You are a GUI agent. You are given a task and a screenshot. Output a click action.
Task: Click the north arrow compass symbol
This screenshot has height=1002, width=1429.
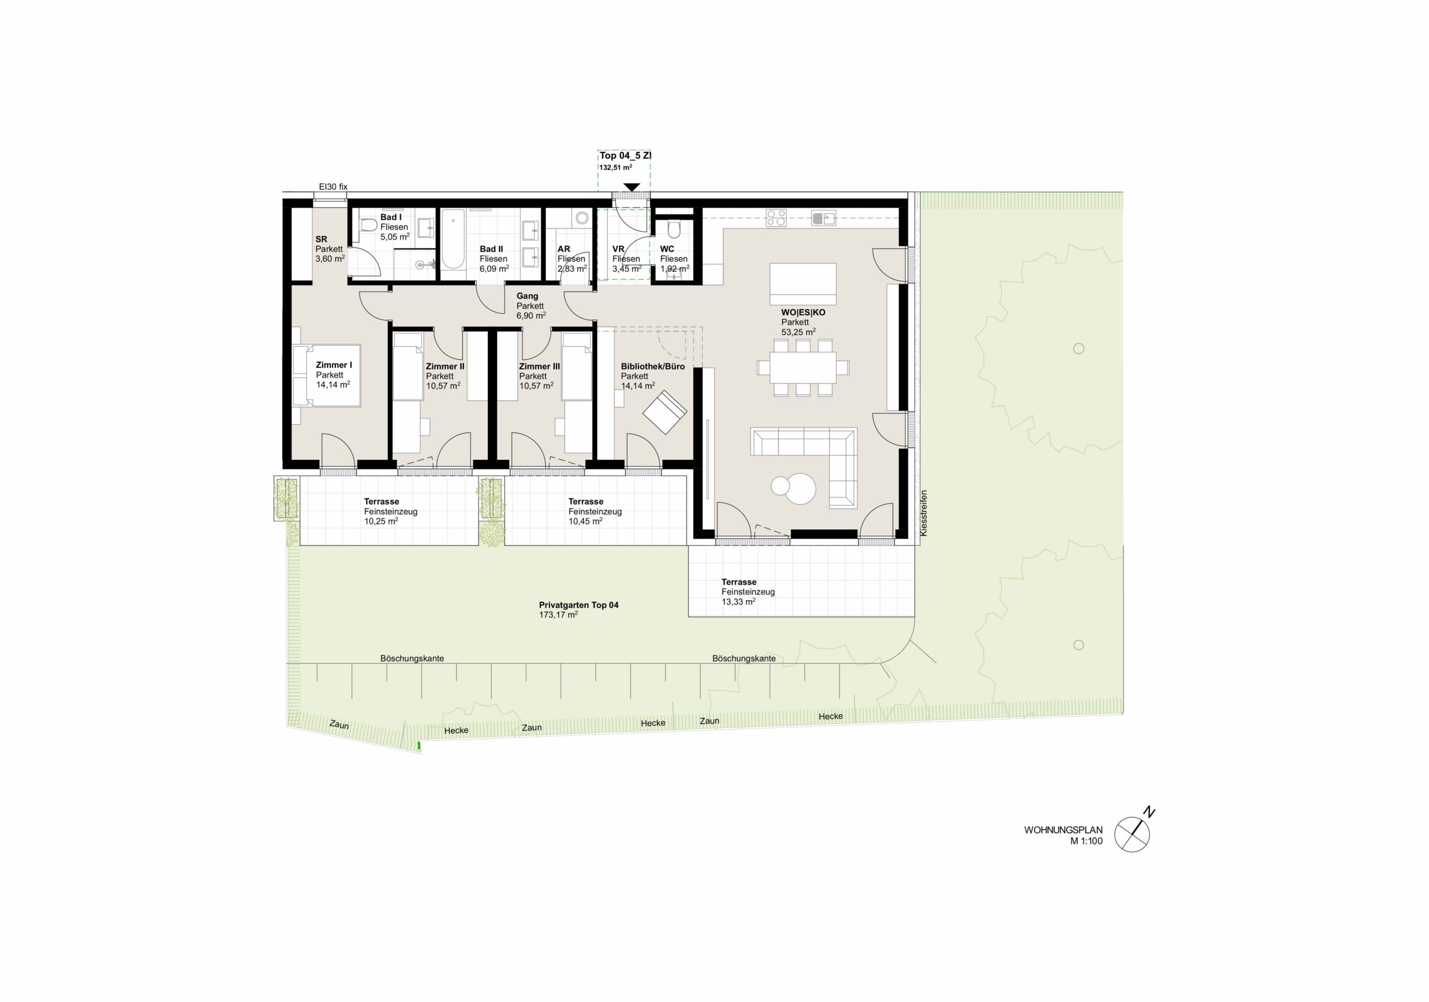(1132, 834)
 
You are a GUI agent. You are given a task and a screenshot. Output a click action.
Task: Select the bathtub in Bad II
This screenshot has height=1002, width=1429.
(453, 239)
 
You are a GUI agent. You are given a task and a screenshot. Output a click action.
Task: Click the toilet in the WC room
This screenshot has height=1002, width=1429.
(673, 231)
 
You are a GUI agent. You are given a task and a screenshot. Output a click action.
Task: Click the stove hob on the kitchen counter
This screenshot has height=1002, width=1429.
(776, 218)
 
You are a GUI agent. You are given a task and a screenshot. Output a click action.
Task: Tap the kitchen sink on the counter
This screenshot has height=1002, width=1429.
(823, 218)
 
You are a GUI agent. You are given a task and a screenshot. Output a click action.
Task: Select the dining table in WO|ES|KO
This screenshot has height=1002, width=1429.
(803, 368)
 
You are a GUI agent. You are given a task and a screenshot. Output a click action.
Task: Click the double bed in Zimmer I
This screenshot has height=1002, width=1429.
(327, 375)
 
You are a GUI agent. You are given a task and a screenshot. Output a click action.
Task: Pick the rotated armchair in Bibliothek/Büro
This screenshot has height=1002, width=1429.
(665, 411)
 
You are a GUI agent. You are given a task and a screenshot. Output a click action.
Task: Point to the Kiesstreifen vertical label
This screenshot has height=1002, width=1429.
(924, 513)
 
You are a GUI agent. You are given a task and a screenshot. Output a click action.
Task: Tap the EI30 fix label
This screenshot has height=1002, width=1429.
(333, 186)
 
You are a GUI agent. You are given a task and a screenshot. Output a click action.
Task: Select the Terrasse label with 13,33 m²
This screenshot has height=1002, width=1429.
(748, 592)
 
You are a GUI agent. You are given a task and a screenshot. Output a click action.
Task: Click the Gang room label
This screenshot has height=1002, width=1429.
(527, 296)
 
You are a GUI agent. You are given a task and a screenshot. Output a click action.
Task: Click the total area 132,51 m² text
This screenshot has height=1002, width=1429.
(616, 167)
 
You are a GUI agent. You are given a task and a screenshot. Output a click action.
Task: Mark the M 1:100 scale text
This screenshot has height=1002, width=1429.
(1086, 841)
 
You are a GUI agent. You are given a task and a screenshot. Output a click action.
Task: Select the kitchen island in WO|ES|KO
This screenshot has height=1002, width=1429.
(803, 280)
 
